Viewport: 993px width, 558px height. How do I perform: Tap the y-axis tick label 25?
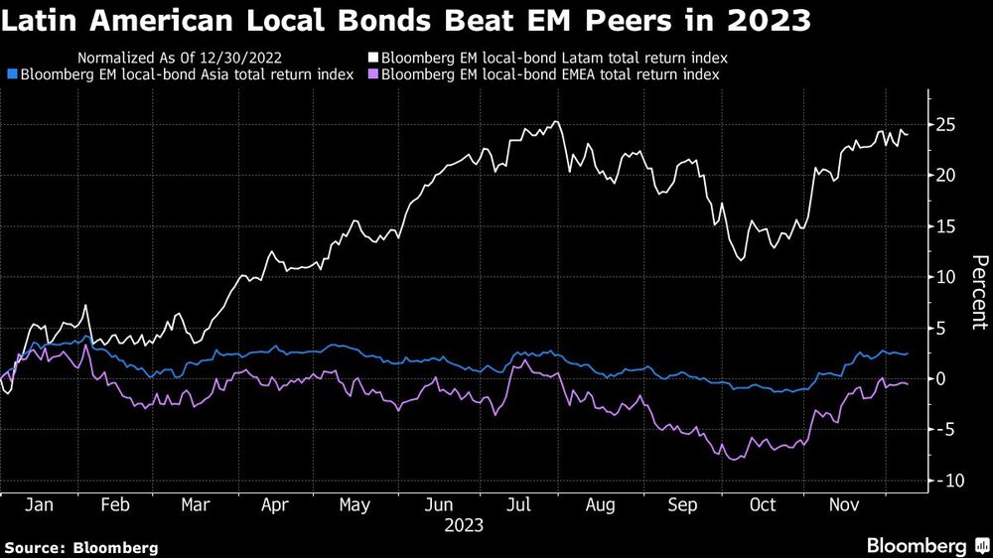pyautogui.click(x=946, y=125)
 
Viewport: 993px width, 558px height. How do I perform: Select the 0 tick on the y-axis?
pyautogui.click(x=941, y=379)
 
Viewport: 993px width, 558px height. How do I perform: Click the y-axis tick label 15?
pyautogui.click(x=946, y=227)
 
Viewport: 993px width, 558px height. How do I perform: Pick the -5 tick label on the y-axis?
pyautogui.click(x=946, y=430)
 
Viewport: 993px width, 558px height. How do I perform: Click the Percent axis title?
pyautogui.click(x=978, y=292)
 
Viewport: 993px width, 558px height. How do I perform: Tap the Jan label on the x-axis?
pyautogui.click(x=38, y=505)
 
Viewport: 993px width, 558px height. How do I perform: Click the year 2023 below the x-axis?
pyautogui.click(x=464, y=525)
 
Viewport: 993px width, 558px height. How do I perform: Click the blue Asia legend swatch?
pyautogui.click(x=11, y=74)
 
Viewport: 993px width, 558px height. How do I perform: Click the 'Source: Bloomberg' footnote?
pyautogui.click(x=81, y=547)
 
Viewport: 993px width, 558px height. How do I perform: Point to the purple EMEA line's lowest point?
pyautogui.click(x=734, y=460)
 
